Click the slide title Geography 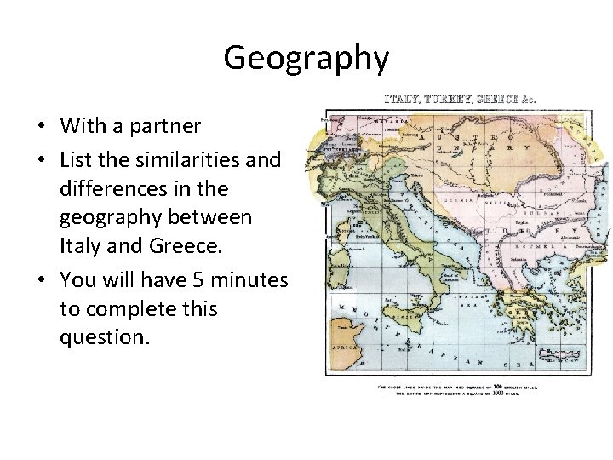[x=306, y=58]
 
